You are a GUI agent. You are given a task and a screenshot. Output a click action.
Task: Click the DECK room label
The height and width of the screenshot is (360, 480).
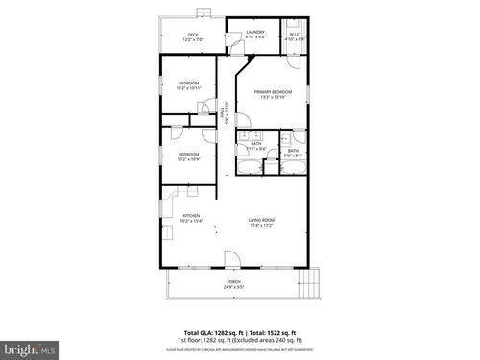point(193,35)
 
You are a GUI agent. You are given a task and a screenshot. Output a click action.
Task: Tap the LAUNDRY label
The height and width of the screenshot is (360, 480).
point(255,33)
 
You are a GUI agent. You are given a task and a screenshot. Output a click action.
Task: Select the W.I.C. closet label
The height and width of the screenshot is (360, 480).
point(296,35)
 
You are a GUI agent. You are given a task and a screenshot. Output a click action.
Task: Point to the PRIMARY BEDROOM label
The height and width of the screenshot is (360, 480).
point(274,91)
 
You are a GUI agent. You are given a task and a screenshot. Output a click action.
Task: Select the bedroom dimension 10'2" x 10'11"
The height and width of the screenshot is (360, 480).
point(189,88)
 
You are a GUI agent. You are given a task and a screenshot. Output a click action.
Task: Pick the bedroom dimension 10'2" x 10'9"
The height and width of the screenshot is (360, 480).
point(188,158)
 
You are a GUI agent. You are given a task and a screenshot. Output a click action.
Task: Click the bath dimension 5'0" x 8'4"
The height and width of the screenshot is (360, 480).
point(293,156)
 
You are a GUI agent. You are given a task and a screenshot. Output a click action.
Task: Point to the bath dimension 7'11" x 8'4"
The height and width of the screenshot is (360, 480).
point(257,149)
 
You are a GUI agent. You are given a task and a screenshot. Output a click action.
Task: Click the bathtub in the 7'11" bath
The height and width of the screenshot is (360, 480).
point(249,169)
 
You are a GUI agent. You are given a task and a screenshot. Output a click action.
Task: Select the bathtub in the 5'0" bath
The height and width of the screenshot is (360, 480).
point(293,169)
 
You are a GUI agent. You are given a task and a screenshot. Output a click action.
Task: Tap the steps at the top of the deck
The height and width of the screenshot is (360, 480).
point(202,13)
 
